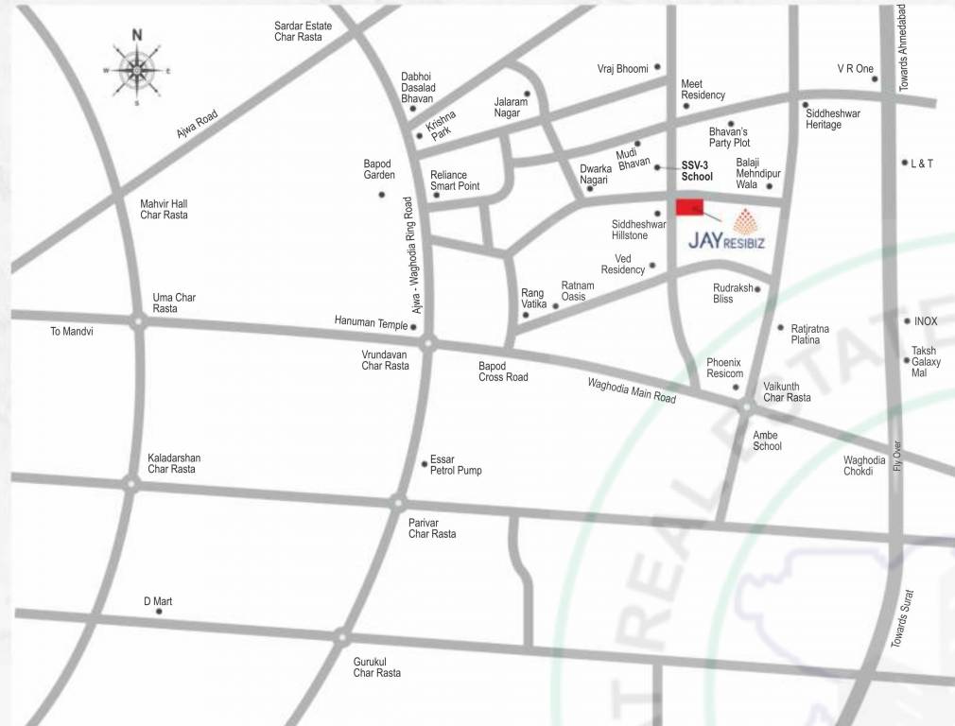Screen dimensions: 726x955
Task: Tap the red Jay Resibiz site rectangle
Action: pos(690,208)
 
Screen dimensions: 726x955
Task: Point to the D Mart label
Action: pos(158,601)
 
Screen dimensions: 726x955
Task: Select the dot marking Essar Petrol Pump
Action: pos(425,463)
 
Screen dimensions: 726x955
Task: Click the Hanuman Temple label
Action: pos(371,321)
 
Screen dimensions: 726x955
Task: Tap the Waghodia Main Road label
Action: pos(632,389)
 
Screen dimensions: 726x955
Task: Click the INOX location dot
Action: pos(906,321)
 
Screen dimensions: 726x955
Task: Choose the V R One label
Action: pos(855,68)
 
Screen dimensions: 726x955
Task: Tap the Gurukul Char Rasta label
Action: pos(376,666)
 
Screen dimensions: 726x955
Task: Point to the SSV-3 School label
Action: pos(697,170)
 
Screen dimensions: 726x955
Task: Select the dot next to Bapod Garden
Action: pos(382,195)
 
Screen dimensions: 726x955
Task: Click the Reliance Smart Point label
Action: pos(455,181)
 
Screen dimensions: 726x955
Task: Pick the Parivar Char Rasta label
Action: pos(432,527)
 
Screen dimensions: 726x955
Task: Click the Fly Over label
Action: pos(896,458)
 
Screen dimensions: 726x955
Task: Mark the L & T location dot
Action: pos(905,163)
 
